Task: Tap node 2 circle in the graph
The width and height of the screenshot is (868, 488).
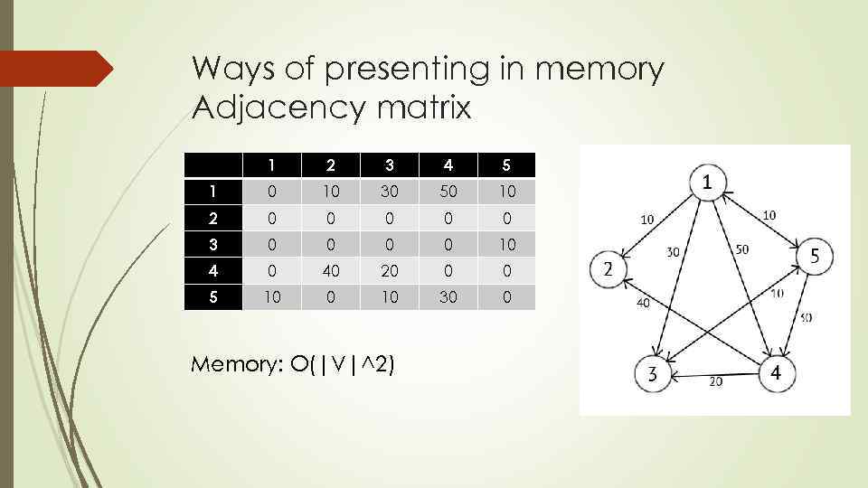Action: point(609,269)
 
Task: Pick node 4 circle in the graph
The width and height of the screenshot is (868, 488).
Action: point(774,372)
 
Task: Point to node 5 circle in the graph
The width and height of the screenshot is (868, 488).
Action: point(814,258)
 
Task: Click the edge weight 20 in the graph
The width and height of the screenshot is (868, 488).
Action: point(715,382)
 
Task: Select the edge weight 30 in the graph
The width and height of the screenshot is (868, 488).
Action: point(673,254)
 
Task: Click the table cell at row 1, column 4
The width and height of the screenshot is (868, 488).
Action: point(448,191)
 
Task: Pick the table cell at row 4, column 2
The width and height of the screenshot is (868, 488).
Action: point(330,269)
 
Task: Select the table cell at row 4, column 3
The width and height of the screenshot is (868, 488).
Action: point(389,269)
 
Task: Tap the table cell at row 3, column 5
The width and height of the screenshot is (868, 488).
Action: point(506,243)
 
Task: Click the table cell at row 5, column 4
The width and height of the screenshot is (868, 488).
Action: point(448,296)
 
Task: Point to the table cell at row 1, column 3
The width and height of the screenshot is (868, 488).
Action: point(389,191)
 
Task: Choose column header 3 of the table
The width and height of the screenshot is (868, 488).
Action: point(389,164)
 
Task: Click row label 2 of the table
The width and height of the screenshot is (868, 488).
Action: point(213,217)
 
